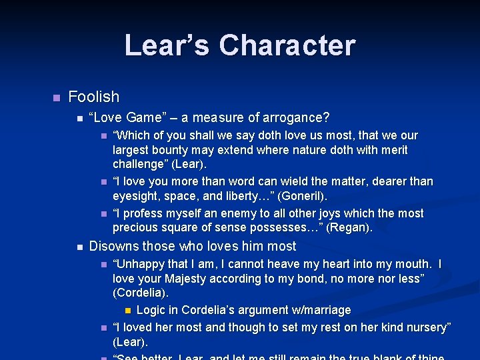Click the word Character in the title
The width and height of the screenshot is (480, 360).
(x=287, y=45)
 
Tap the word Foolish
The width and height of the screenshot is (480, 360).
(x=93, y=97)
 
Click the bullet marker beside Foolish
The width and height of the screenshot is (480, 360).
(x=56, y=98)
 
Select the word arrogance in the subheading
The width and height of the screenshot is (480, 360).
(x=296, y=118)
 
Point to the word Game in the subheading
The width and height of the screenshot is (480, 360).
(x=144, y=118)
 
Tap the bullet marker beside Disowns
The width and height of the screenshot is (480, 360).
(x=79, y=247)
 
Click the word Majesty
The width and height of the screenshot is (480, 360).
(x=193, y=279)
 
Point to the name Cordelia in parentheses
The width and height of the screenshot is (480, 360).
(x=141, y=293)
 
